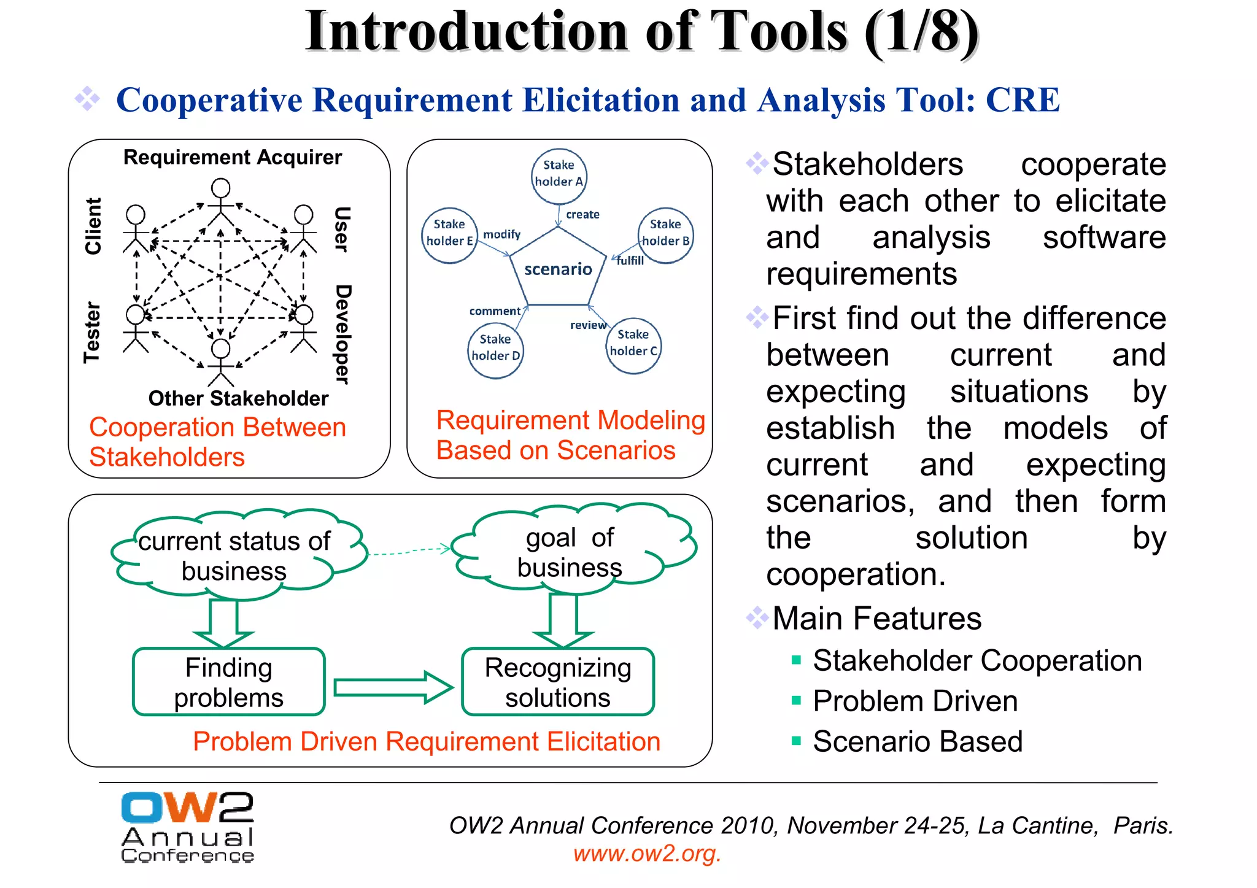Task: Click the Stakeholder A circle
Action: pyautogui.click(x=559, y=176)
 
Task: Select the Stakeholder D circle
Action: pyautogui.click(x=495, y=350)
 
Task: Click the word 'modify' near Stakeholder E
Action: pyautogui.click(x=501, y=234)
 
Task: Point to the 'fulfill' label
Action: pyautogui.click(x=630, y=261)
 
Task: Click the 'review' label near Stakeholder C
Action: pyautogui.click(x=587, y=325)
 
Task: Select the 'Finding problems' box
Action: pyautogui.click(x=228, y=682)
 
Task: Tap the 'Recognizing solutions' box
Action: pyautogui.click(x=557, y=682)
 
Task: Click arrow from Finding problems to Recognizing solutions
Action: pyautogui.click(x=393, y=687)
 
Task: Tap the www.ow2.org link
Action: pyautogui.click(x=647, y=853)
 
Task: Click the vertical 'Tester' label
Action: pyautogui.click(x=92, y=332)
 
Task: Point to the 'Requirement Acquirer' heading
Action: pyautogui.click(x=233, y=158)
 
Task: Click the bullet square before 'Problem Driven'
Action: pyautogui.click(x=796, y=700)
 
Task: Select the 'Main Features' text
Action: pyautogui.click(x=876, y=618)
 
